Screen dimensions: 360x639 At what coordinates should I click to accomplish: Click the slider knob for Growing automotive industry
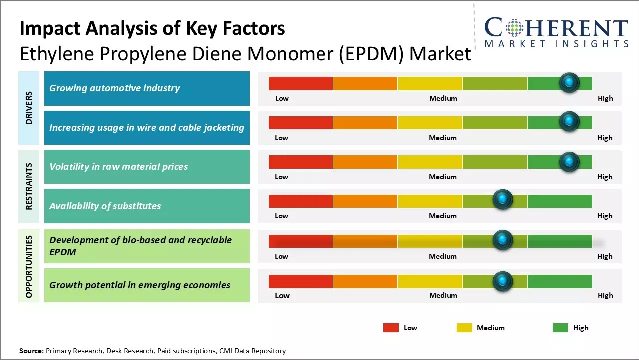569,83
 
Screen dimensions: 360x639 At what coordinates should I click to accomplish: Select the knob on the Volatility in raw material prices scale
569,161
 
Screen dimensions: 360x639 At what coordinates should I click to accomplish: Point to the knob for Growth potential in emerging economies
503,281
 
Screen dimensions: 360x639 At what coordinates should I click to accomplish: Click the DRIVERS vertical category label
29,108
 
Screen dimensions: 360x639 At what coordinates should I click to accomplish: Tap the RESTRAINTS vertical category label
29,186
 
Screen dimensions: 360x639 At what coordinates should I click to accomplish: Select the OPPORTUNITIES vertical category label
29,266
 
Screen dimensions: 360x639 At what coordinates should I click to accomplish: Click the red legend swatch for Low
391,328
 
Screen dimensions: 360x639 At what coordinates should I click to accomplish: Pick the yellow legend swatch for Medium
464,328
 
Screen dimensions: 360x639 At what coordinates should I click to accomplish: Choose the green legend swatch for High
560,328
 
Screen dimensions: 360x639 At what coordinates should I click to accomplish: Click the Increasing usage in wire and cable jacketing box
147,128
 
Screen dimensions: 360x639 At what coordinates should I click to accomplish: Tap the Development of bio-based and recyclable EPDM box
147,246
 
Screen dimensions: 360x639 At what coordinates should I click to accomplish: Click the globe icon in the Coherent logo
514,28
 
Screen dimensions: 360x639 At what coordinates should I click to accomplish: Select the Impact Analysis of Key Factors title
152,28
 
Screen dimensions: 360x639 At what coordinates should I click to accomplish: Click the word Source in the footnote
31,351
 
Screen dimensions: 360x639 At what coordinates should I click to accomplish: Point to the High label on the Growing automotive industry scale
605,98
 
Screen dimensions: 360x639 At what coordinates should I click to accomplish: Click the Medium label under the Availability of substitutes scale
443,216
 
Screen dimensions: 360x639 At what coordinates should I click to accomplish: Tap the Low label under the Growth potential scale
282,295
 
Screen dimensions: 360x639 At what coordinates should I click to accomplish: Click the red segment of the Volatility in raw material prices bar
301,162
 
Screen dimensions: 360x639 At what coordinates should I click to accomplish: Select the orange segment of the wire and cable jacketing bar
365,122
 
